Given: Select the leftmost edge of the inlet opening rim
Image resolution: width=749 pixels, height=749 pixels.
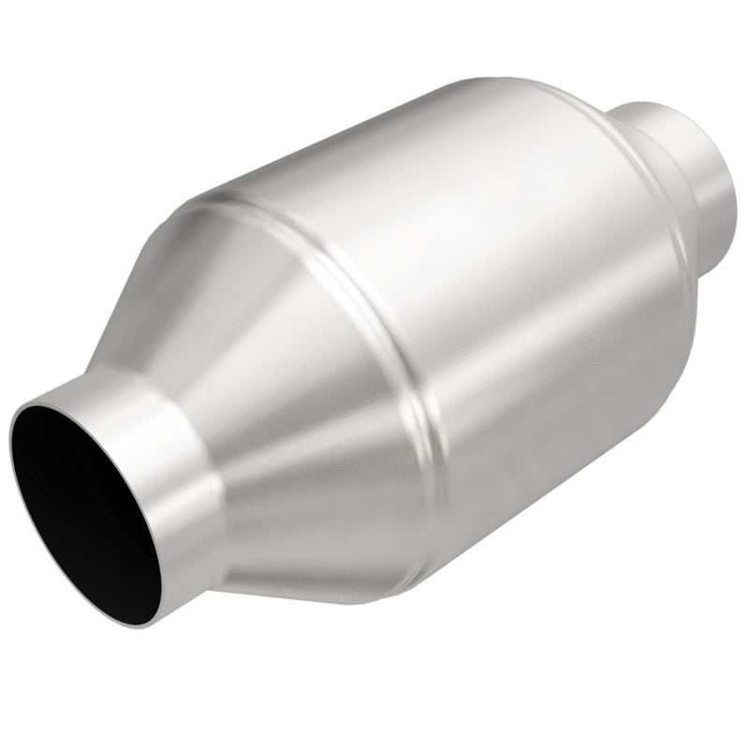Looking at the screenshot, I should click(11, 440).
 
